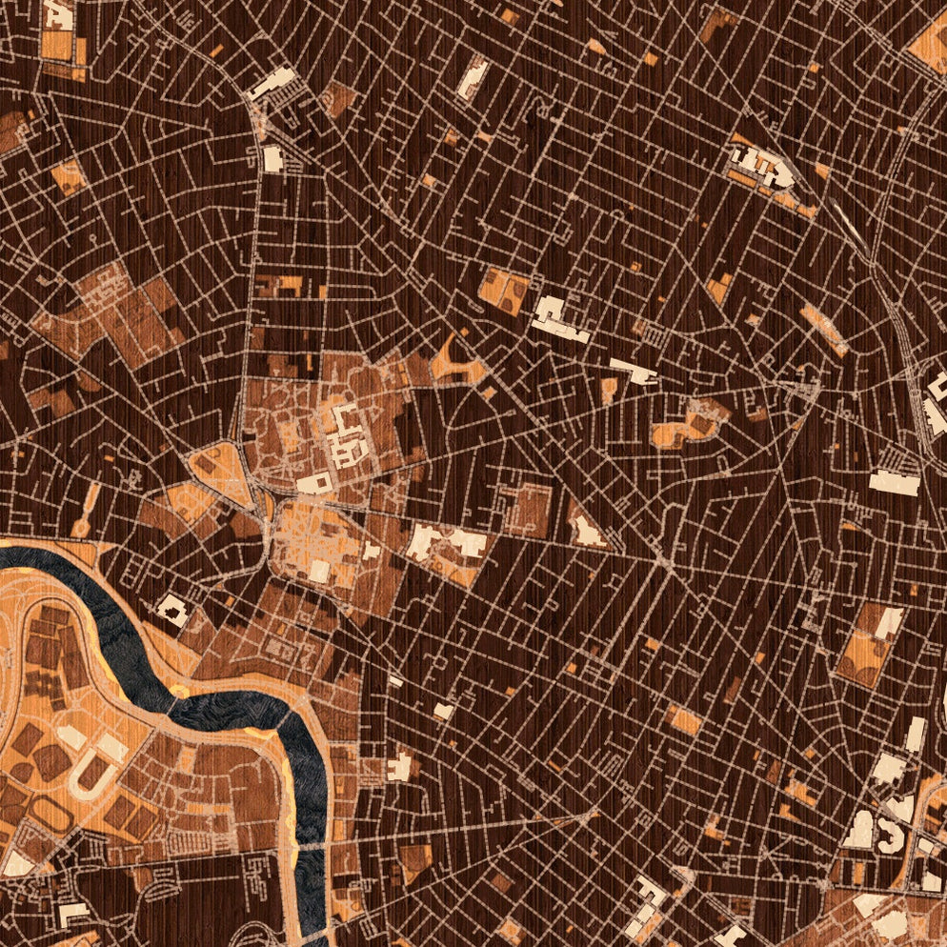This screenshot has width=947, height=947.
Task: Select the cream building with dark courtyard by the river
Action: click(x=172, y=610)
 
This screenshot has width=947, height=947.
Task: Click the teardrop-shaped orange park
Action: click(x=219, y=467)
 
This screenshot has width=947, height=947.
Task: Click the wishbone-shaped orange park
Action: click(x=455, y=362)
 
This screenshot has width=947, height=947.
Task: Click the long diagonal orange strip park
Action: click(x=823, y=329)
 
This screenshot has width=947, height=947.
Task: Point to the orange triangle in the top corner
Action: click(x=929, y=43)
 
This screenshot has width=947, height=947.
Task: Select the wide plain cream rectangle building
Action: click(x=895, y=483)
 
